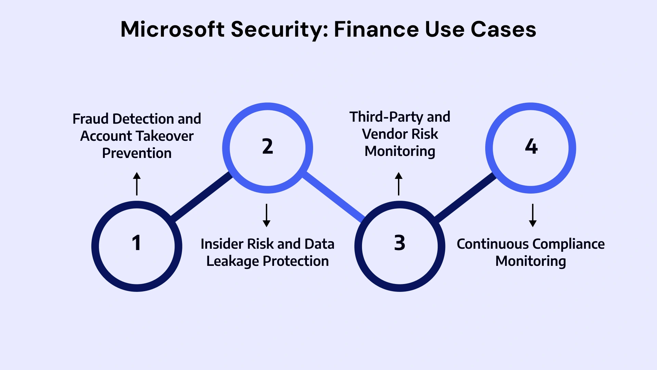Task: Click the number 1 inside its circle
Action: click(136, 243)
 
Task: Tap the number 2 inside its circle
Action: click(268, 147)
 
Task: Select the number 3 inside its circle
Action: click(400, 243)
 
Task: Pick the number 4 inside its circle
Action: click(531, 147)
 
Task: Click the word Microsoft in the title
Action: click(172, 29)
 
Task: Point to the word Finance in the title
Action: click(376, 29)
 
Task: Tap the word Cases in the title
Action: click(503, 29)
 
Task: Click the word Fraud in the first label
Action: click(90, 119)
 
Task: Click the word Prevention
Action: click(137, 153)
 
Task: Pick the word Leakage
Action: click(232, 261)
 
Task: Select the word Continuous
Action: click(493, 244)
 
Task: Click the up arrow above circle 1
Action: click(137, 184)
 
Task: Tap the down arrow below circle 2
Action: click(267, 215)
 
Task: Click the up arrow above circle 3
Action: click(399, 184)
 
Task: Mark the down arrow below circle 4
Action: click(533, 215)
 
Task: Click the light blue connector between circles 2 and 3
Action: click(334, 197)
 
